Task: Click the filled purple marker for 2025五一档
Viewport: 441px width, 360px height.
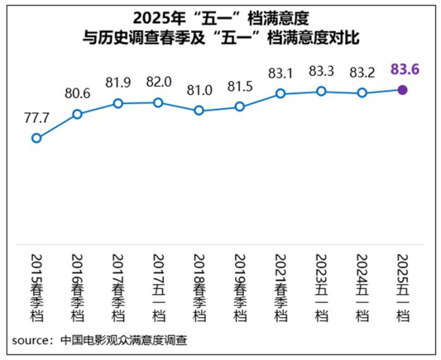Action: coord(403,90)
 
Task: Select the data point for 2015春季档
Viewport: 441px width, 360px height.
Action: coord(37,138)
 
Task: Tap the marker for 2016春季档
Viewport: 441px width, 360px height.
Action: coord(77,114)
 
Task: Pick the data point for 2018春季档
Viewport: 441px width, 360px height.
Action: coord(199,110)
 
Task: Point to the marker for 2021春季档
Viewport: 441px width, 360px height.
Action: coord(280,94)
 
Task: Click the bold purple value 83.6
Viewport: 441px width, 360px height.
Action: coord(405,69)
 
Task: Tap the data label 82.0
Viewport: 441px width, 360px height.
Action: coord(158,82)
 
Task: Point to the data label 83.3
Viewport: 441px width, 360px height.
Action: coord(321,71)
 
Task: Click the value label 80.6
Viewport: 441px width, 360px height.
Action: coord(77,93)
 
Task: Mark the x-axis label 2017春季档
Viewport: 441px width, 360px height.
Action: coord(117,287)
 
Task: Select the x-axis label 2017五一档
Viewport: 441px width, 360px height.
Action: coord(158,287)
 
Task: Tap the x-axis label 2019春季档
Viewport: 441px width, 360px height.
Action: coord(239,287)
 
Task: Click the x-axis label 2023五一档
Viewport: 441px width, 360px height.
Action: coord(321,287)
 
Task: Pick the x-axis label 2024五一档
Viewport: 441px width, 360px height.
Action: coord(362,287)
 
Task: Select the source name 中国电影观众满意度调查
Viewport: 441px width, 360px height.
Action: coord(124,340)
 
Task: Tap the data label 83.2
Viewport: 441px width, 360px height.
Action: coord(362,72)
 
